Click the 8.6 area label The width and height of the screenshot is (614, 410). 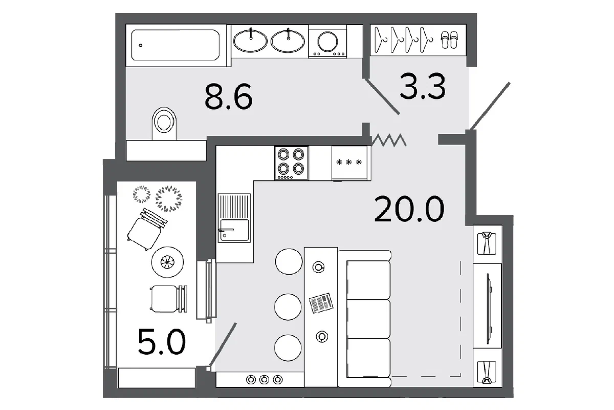[x=228, y=97]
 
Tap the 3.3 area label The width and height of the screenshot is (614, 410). [x=423, y=86]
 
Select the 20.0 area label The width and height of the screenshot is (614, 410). [x=409, y=209]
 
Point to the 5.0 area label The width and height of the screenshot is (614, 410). [x=162, y=342]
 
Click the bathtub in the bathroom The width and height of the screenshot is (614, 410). [x=176, y=45]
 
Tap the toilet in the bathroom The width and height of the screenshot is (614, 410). [x=164, y=124]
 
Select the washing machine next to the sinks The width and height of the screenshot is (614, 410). [x=327, y=41]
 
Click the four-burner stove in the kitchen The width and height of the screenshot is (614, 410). [x=291, y=163]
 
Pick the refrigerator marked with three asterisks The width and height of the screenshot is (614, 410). [x=349, y=163]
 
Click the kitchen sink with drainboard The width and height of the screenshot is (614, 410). [x=234, y=218]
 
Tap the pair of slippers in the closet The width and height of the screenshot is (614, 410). [x=449, y=40]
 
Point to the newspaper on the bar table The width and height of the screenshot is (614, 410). [x=321, y=303]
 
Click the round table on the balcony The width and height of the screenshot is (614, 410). [x=167, y=262]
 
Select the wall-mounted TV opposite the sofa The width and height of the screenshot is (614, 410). [x=489, y=309]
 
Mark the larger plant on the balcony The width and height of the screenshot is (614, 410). [x=168, y=199]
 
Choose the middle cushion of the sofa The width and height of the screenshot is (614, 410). [x=368, y=319]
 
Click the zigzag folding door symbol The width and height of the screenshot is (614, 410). [x=388, y=140]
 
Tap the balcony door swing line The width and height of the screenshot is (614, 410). [x=223, y=344]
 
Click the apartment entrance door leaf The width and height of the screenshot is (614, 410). [x=490, y=106]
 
